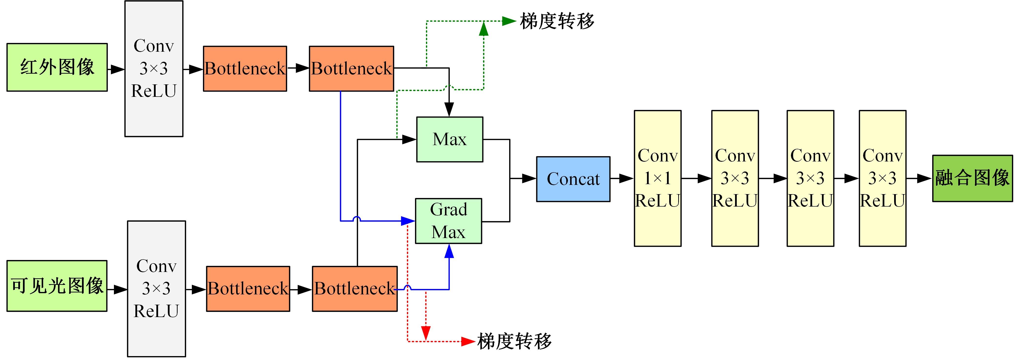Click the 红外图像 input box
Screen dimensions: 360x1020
57,67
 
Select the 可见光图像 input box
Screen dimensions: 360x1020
57,286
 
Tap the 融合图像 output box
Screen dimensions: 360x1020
972,178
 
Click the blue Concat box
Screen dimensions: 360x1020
573,179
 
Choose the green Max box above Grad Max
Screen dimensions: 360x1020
449,140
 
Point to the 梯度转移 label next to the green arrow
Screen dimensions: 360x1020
557,21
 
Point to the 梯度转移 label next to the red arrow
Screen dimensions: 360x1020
514,341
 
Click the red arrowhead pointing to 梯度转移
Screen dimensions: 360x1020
468,341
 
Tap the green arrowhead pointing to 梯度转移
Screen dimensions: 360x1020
509,21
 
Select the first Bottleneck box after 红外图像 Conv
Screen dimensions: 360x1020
245,69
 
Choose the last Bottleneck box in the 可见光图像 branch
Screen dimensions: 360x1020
354,289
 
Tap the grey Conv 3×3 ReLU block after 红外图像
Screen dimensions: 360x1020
154,69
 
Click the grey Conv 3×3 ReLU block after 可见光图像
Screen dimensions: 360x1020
156,289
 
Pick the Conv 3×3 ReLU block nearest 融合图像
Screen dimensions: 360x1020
882,178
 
